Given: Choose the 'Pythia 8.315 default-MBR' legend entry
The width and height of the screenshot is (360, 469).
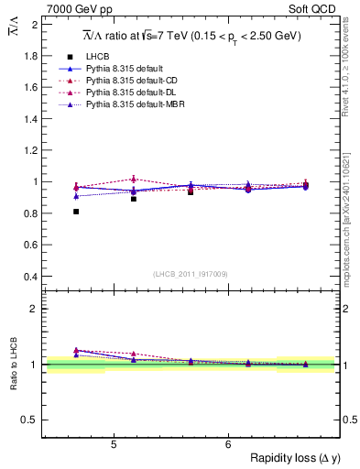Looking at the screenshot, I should point(136,106).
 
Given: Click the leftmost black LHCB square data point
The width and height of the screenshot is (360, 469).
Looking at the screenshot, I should point(76,212).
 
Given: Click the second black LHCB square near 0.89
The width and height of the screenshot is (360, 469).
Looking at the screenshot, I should point(134,199).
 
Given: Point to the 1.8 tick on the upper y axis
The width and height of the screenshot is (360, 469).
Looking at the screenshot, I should point(32,56).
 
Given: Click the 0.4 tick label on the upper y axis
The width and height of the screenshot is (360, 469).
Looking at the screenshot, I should point(32,277).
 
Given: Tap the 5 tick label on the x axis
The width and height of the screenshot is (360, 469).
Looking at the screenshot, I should point(113,444).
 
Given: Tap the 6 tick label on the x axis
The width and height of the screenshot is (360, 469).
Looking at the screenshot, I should point(228,444).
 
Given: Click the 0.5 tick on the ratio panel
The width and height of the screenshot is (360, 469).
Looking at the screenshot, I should point(30,420).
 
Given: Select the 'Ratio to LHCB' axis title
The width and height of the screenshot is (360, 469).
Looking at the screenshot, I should point(13,365).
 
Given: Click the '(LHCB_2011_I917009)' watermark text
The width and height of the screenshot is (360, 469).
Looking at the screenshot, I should point(190,274).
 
